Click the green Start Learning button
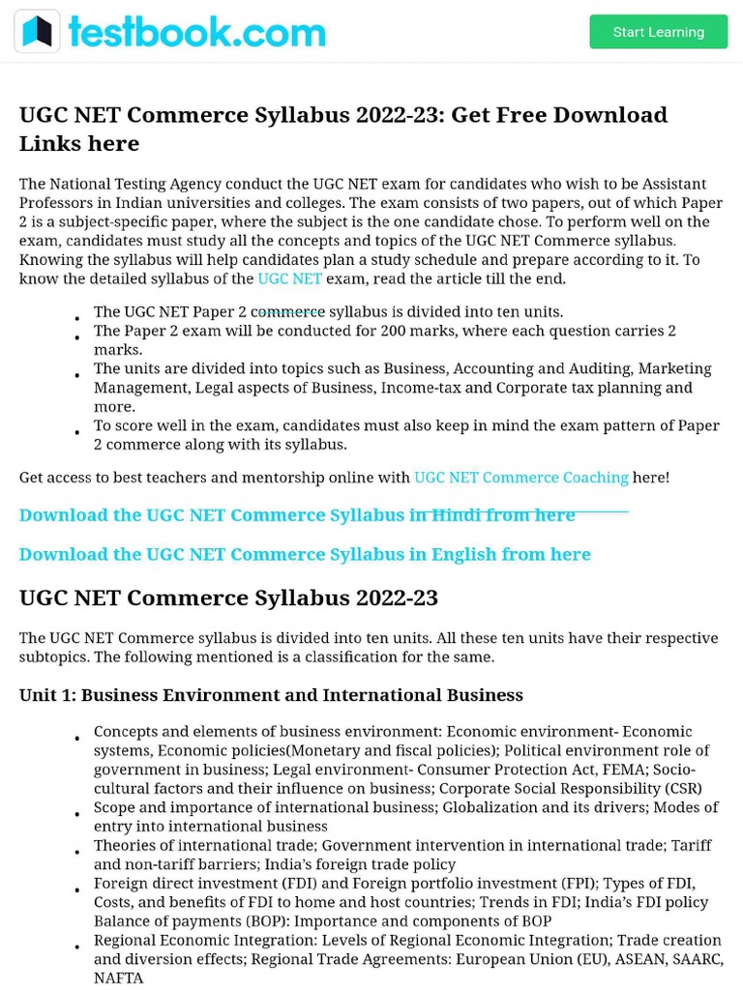658,32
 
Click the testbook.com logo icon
37,32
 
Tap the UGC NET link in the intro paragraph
289,278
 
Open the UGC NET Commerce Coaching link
520,478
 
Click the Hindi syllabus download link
297,515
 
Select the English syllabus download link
305,554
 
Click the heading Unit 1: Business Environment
271,695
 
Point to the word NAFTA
118,977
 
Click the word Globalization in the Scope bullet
495,807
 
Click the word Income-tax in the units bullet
417,388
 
